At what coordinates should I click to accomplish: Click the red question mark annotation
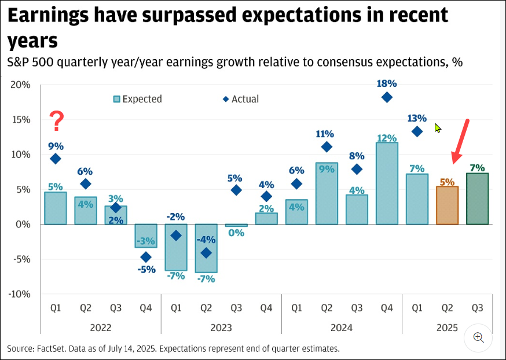pos(56,122)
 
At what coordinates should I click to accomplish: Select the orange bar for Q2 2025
pos(447,205)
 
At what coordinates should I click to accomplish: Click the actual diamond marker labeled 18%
pos(387,97)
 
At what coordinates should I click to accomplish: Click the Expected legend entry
pos(138,99)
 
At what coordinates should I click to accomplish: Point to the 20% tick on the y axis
pos(21,85)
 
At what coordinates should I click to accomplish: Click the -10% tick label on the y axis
pos(19,293)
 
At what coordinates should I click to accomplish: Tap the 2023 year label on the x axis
pos(221,328)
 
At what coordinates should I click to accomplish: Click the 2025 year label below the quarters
pos(447,328)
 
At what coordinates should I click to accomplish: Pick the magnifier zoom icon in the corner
pos(478,337)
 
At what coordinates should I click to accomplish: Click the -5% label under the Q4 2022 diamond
pos(146,269)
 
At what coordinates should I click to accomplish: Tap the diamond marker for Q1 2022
pos(56,159)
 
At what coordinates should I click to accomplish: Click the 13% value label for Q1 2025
pos(417,118)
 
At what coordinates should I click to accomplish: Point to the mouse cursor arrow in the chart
pos(438,128)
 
